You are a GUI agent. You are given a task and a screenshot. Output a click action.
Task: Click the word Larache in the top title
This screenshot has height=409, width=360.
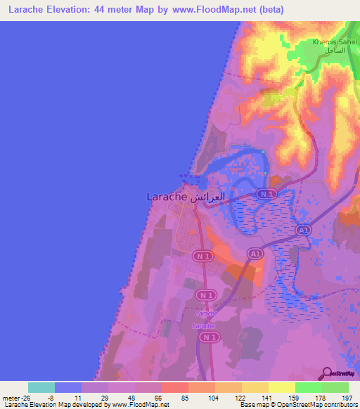(x=30, y=10)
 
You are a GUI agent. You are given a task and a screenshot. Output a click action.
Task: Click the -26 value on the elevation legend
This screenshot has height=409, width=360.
(x=29, y=398)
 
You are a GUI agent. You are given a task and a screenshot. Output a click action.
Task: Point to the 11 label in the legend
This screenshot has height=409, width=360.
(x=82, y=398)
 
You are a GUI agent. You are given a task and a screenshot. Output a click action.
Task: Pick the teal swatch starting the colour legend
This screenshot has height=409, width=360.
(x=41, y=387)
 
